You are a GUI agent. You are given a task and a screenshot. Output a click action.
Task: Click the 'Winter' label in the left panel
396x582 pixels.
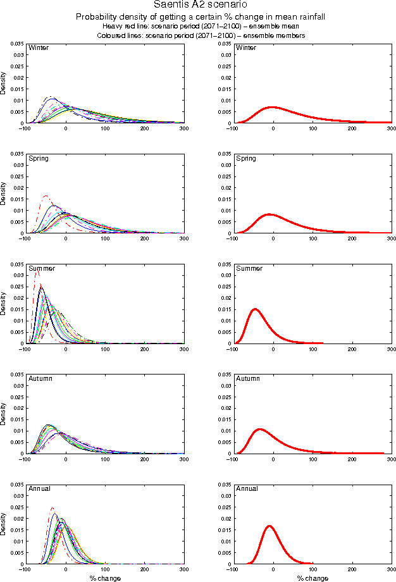click(x=39, y=48)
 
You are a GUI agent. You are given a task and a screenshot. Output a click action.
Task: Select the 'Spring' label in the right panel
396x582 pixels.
click(x=246, y=158)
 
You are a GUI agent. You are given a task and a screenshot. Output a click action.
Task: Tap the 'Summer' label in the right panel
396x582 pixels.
click(x=249, y=268)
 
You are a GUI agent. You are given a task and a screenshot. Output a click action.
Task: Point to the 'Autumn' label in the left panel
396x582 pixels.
click(x=40, y=378)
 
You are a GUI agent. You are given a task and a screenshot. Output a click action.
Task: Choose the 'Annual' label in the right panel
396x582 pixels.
click(x=247, y=488)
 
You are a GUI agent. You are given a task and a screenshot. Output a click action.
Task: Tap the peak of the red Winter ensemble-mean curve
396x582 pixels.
click(x=273, y=107)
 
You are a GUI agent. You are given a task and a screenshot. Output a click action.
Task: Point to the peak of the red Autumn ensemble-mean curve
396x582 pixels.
click(x=259, y=429)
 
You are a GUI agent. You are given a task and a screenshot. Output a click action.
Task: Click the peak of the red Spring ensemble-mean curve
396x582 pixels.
click(x=269, y=214)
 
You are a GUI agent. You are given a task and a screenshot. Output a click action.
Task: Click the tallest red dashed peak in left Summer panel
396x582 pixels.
click(x=37, y=270)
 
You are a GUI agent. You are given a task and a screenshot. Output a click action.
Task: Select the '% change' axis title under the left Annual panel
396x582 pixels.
click(x=104, y=578)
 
